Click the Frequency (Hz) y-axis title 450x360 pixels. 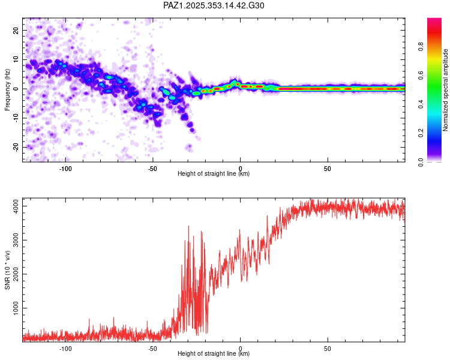(x=8, y=89)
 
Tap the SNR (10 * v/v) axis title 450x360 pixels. (x=8, y=269)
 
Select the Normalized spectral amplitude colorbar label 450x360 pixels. (x=446, y=90)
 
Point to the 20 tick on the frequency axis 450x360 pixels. (x=16, y=30)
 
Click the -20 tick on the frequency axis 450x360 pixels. (x=16, y=147)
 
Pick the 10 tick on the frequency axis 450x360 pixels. (x=16, y=59)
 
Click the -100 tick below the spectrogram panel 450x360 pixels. (x=65, y=168)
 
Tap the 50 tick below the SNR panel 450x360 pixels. (x=328, y=348)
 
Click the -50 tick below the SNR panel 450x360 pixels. (x=152, y=348)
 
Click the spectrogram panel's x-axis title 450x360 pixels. (x=214, y=174)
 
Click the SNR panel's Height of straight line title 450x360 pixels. (x=214, y=354)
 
